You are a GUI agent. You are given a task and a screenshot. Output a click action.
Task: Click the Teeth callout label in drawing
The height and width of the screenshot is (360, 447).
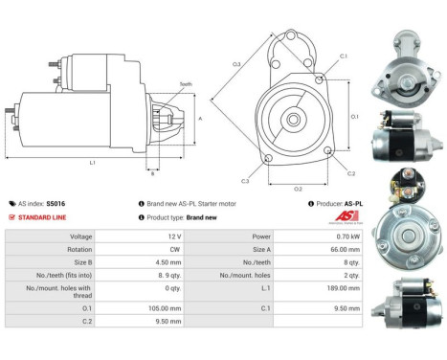(x=186, y=84)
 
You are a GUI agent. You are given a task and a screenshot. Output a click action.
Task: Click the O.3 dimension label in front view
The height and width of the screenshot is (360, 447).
(x=236, y=65)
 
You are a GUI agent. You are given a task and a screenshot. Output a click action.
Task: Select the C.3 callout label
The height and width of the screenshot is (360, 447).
(x=245, y=181)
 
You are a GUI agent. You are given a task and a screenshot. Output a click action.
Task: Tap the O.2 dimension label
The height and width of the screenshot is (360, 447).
(x=298, y=189)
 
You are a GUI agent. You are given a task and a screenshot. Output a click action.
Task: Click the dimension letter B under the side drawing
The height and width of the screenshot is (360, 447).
(x=151, y=173)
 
